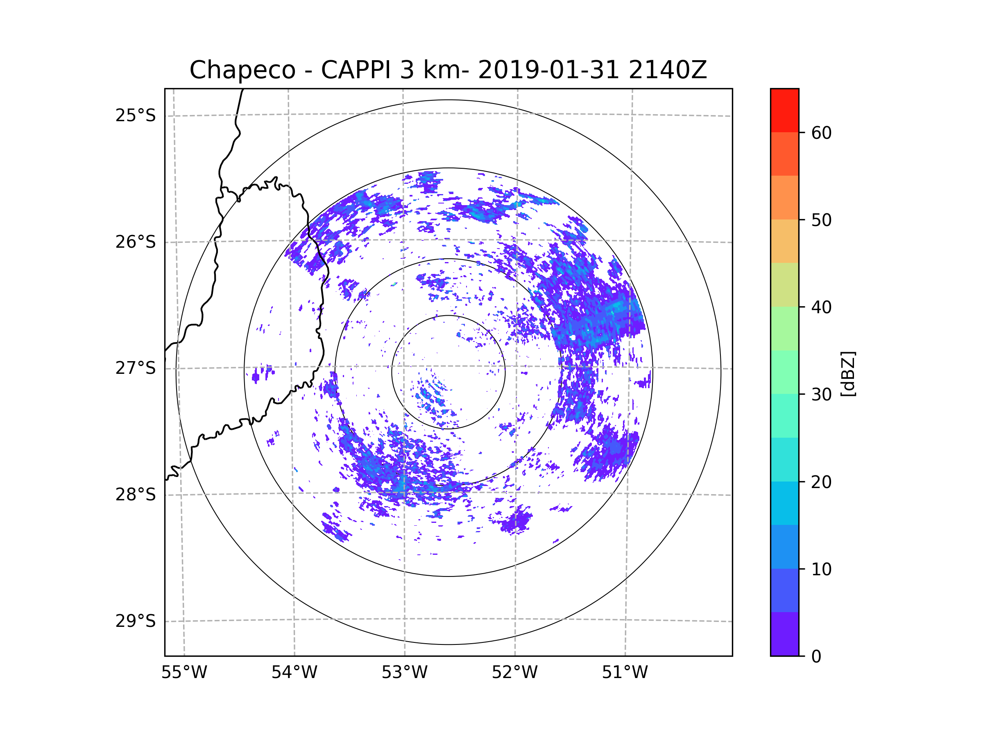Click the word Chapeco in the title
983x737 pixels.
pos(242,70)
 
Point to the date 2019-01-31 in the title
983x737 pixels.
pos(548,70)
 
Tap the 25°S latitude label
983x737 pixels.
pos(136,115)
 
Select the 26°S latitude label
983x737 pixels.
pos(136,242)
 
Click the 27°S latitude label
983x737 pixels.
pos(136,368)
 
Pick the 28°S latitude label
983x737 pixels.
pos(136,495)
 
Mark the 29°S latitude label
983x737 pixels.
pos(136,621)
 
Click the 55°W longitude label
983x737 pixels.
pos(184,673)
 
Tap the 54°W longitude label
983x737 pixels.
pos(294,673)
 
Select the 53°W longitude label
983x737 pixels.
pos(404,673)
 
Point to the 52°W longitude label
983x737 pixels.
pos(514,673)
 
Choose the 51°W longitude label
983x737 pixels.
pos(625,673)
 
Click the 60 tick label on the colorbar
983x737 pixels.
pos(821,133)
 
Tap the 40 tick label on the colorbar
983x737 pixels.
pos(821,307)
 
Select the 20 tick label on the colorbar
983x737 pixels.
pos(821,482)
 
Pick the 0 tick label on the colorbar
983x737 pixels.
pos(816,657)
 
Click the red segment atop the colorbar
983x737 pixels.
pos(784,110)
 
